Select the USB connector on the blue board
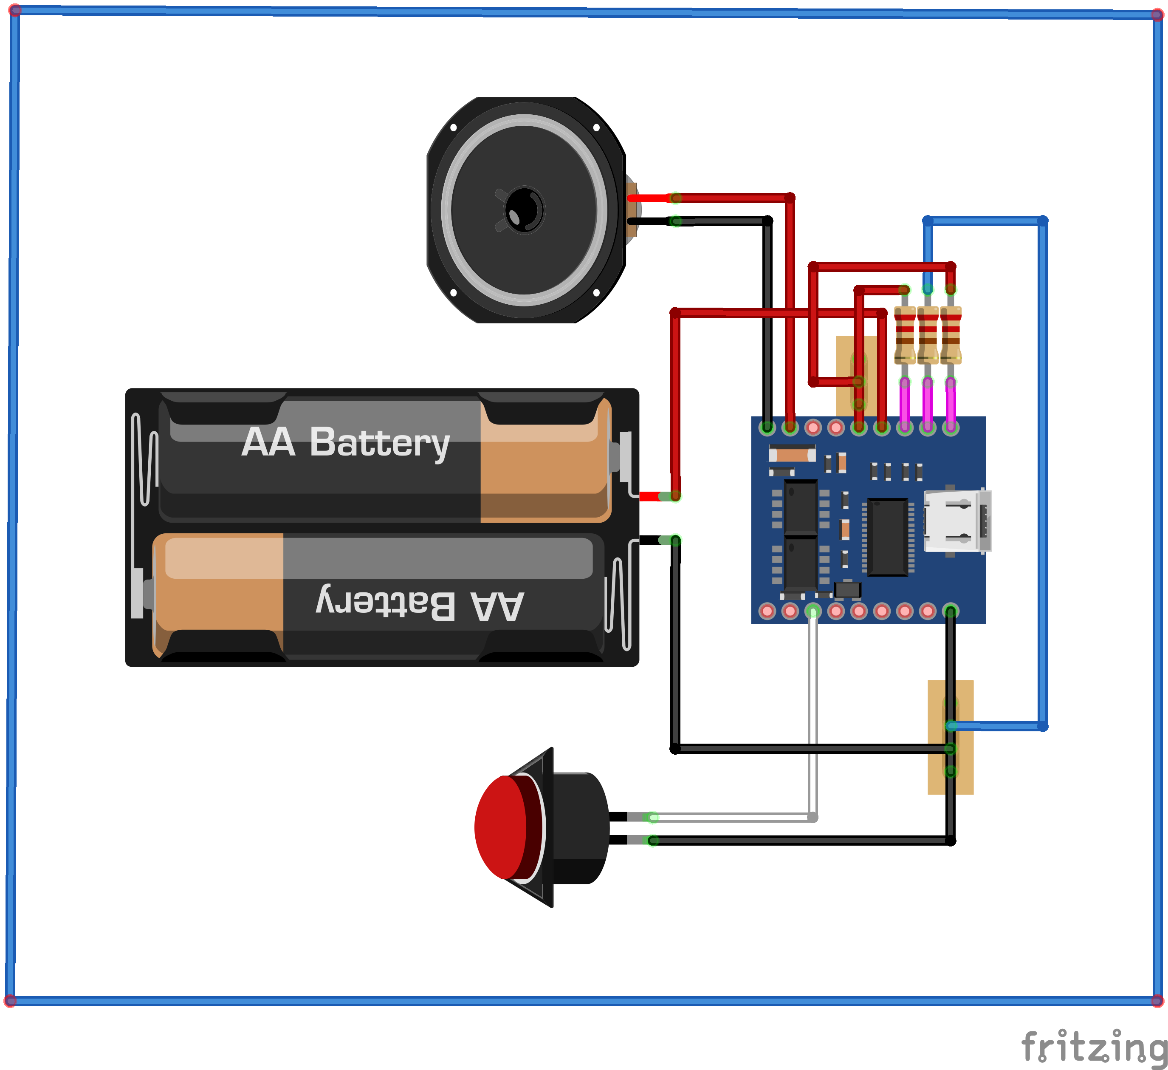click(956, 521)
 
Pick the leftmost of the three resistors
click(904, 335)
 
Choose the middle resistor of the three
click(928, 335)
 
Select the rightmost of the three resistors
click(951, 335)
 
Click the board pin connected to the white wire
click(813, 611)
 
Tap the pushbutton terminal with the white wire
click(652, 817)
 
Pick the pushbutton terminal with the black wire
click(652, 841)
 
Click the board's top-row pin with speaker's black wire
click(767, 428)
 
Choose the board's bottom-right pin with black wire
click(950, 611)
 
